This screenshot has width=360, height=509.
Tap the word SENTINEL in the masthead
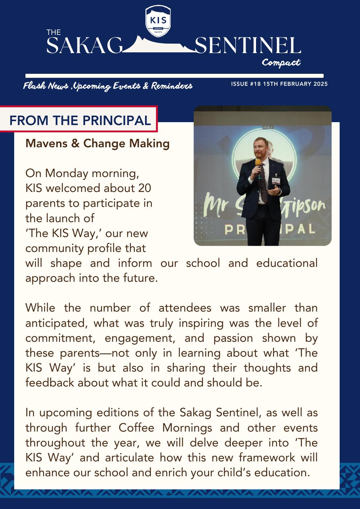(x=248, y=46)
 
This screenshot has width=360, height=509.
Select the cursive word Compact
(x=281, y=63)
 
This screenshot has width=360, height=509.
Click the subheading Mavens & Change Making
(x=97, y=144)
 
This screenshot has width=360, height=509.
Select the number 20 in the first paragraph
(x=144, y=188)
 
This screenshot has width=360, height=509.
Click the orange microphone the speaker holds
(x=258, y=163)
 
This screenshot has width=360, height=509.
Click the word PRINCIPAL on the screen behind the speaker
(x=263, y=229)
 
